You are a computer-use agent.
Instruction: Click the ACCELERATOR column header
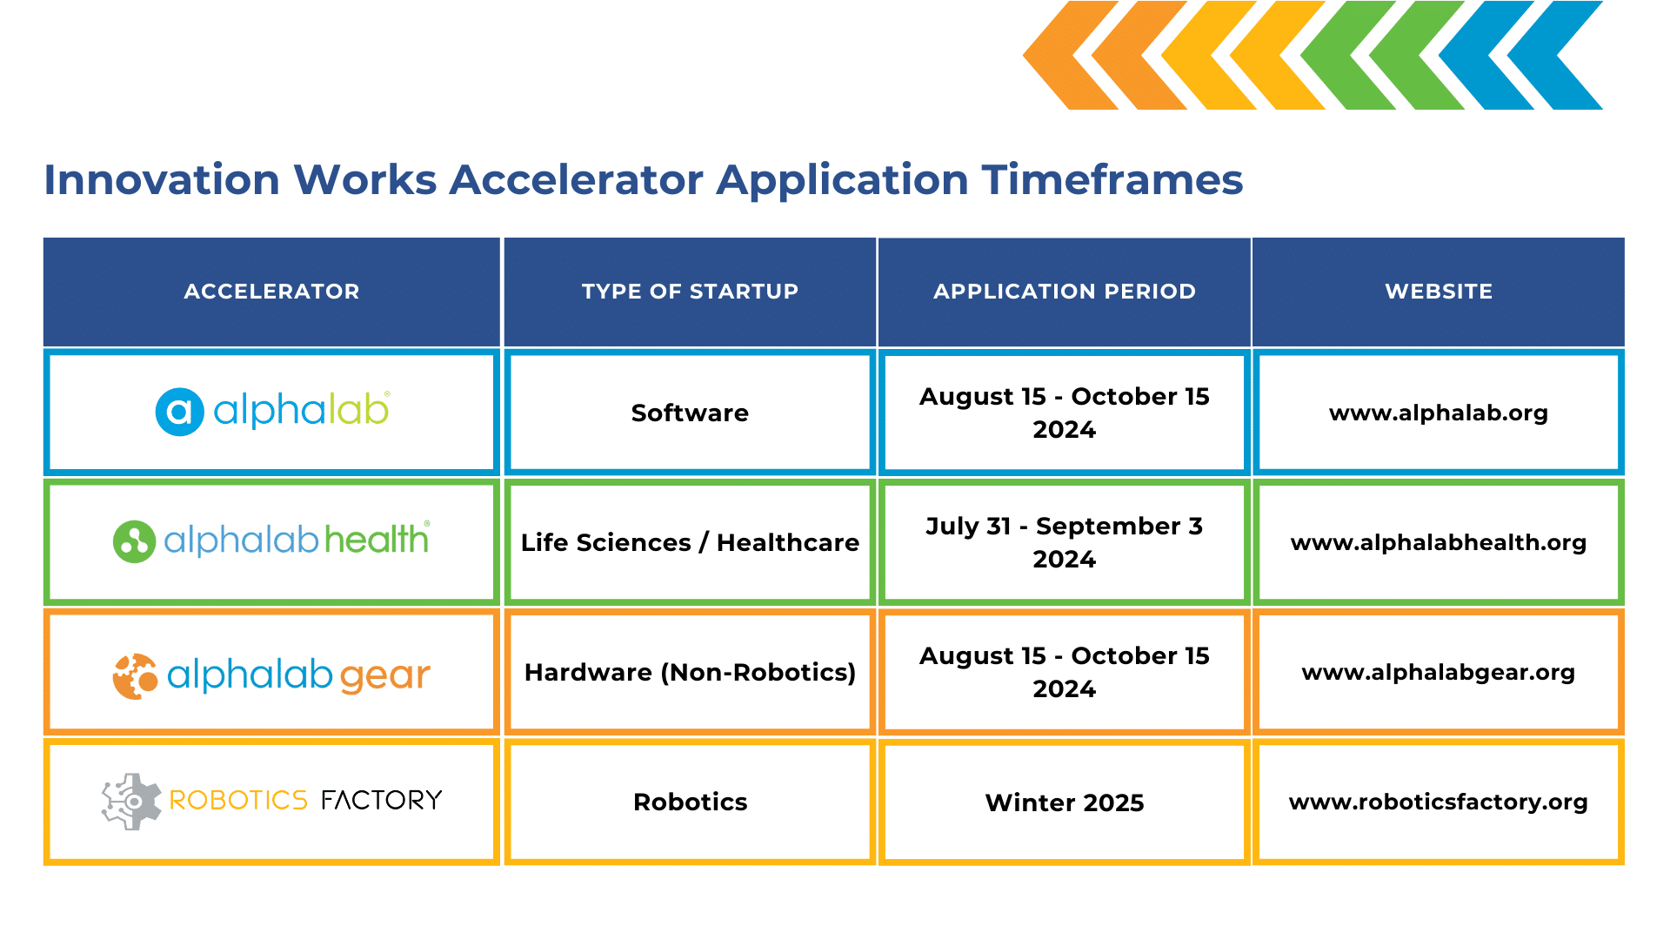coord(271,292)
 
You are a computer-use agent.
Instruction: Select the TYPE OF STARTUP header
coord(690,292)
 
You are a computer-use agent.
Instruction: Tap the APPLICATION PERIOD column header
coord(1065,292)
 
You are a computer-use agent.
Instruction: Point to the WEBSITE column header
coord(1439,292)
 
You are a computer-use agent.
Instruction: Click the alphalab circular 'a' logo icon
coord(179,412)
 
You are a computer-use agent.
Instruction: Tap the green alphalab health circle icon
coord(134,541)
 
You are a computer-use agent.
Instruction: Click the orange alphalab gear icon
coord(135,676)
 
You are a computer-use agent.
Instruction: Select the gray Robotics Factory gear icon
coord(131,801)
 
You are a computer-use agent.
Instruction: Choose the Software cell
coord(690,413)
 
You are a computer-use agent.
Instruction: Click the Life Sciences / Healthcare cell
coord(690,542)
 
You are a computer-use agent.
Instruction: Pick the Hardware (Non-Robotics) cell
coord(690,672)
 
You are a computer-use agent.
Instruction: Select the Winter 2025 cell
coord(1065,802)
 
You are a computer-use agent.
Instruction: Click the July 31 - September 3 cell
coord(1065,542)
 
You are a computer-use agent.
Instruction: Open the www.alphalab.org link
coord(1439,413)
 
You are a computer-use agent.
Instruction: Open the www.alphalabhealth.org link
coord(1439,542)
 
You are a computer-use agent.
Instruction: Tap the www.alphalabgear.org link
coord(1439,672)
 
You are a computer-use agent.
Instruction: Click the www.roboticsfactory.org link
coord(1439,802)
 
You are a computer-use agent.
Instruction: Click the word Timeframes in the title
coord(1112,180)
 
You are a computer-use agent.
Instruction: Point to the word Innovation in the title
coord(162,180)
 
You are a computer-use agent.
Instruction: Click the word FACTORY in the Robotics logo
coord(381,800)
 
